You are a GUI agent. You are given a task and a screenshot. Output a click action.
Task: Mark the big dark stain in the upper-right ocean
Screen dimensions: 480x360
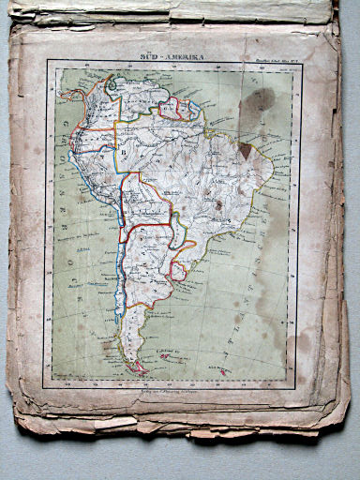[259, 97]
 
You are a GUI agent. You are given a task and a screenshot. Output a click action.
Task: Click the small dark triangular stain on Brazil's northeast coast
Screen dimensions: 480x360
[246, 150]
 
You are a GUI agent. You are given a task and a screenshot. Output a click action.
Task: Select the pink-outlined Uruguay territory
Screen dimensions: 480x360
[175, 270]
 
